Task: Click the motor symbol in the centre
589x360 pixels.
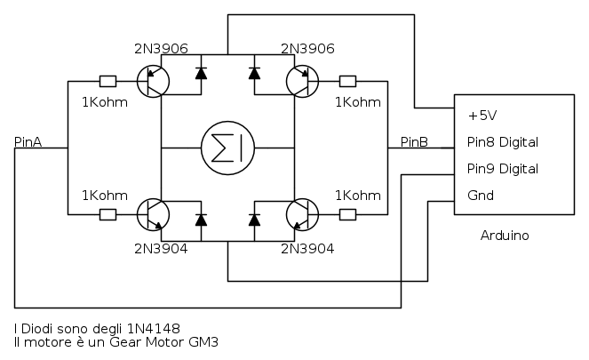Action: click(x=227, y=145)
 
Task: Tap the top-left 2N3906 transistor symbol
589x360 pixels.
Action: click(x=154, y=82)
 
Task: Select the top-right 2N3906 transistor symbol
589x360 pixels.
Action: click(x=302, y=82)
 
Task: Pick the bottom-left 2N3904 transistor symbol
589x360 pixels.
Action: click(x=154, y=214)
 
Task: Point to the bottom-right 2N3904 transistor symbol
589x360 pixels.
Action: click(x=302, y=214)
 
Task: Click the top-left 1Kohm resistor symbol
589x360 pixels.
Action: click(x=107, y=82)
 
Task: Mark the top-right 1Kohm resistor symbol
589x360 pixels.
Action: click(x=347, y=82)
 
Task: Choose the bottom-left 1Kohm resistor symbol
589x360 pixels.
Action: click(x=107, y=214)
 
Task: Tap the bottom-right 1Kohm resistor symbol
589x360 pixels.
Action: click(x=347, y=214)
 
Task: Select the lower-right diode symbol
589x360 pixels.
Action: click(x=255, y=219)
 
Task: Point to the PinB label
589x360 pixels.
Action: click(x=415, y=141)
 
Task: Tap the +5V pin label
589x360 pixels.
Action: click(x=482, y=116)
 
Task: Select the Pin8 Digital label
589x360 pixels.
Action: click(x=503, y=142)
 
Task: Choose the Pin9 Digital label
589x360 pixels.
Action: click(x=503, y=169)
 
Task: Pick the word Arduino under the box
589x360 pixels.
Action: click(x=505, y=236)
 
